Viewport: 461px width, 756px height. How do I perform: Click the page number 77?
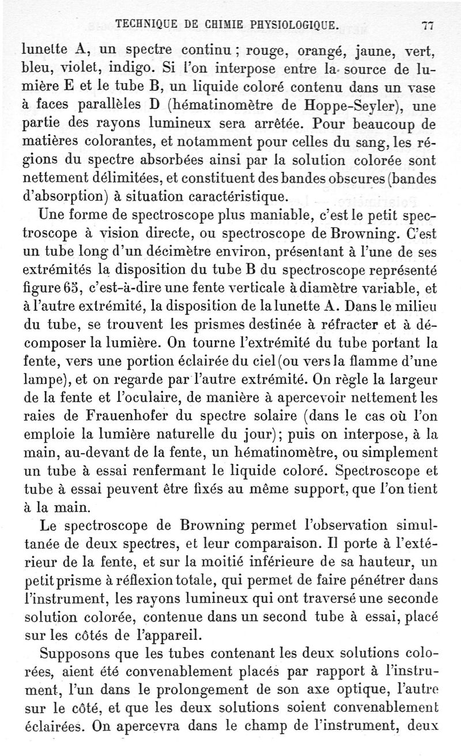[427, 24]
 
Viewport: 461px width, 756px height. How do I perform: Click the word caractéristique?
[236, 197]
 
